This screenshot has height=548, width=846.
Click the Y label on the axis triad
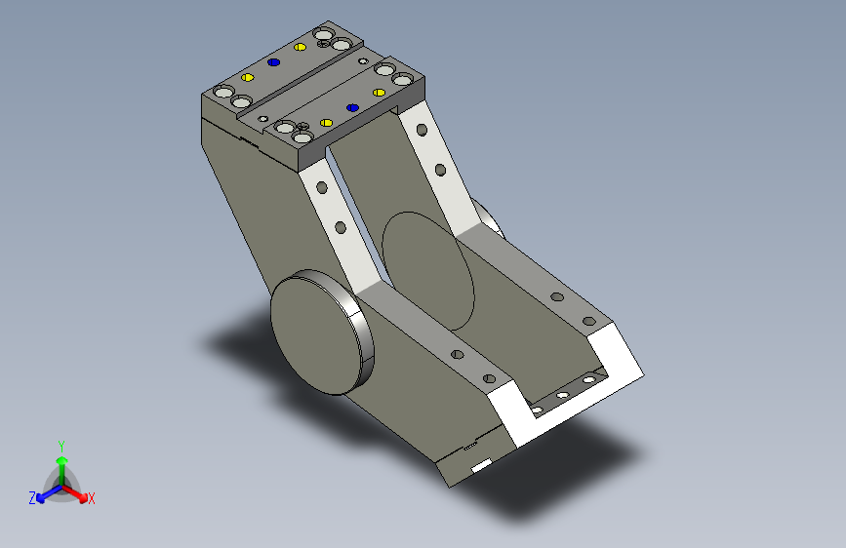point(61,447)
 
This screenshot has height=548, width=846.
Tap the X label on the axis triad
point(91,499)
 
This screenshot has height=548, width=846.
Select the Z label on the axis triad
point(32,498)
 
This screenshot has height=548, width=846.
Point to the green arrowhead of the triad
point(62,460)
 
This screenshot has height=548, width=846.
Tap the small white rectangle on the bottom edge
point(481,465)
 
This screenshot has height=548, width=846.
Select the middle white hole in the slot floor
point(563,395)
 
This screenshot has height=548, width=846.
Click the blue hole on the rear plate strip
point(273,62)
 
